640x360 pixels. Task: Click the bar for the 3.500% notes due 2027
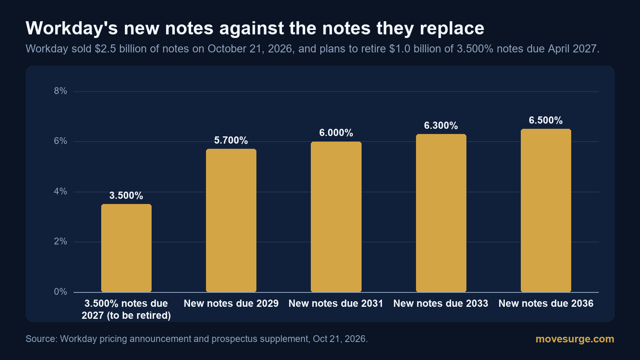pos(126,248)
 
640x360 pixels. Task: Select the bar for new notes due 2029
pos(231,220)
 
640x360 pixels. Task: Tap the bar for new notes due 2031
pos(336,217)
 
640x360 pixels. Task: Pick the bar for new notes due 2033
pos(441,213)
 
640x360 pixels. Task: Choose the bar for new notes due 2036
pos(546,210)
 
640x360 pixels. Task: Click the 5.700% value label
pos(231,140)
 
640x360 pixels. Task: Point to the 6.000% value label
pos(336,133)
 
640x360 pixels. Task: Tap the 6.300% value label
pos(441,126)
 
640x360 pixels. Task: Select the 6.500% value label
pos(546,120)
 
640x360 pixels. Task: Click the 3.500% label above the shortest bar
pos(126,196)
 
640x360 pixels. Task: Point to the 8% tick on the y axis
pos(60,91)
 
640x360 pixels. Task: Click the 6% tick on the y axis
pos(60,141)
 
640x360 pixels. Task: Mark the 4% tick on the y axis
pos(60,192)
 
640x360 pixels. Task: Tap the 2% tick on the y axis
pos(60,242)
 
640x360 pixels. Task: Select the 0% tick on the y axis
pos(60,292)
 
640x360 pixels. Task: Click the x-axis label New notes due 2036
pos(546,304)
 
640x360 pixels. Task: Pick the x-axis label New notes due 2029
pos(231,304)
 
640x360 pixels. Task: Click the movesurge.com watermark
pos(575,339)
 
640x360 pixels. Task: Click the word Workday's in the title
pos(72,28)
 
